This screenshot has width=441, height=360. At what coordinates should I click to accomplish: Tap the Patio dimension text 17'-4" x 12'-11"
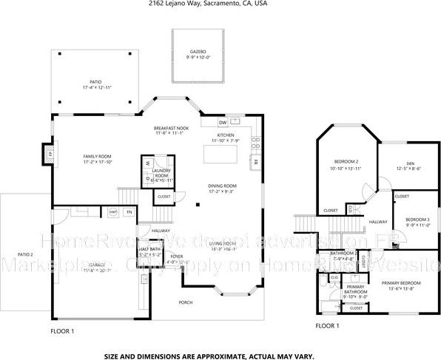click(x=96, y=88)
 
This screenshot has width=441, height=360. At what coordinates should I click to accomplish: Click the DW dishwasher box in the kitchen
click(x=223, y=123)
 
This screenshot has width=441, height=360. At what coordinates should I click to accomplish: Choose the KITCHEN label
click(x=225, y=135)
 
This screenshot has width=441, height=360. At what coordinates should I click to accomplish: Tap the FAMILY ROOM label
click(x=96, y=156)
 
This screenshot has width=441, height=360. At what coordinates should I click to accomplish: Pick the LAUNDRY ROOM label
click(x=161, y=173)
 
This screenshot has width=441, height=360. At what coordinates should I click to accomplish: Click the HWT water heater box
click(x=114, y=212)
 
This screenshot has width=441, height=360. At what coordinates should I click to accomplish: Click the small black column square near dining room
click(x=198, y=205)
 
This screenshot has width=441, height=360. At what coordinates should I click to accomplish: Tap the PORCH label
click(x=186, y=302)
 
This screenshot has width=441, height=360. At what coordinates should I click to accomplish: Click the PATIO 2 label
click(x=25, y=254)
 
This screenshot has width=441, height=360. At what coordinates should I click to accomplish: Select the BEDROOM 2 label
click(x=346, y=162)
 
